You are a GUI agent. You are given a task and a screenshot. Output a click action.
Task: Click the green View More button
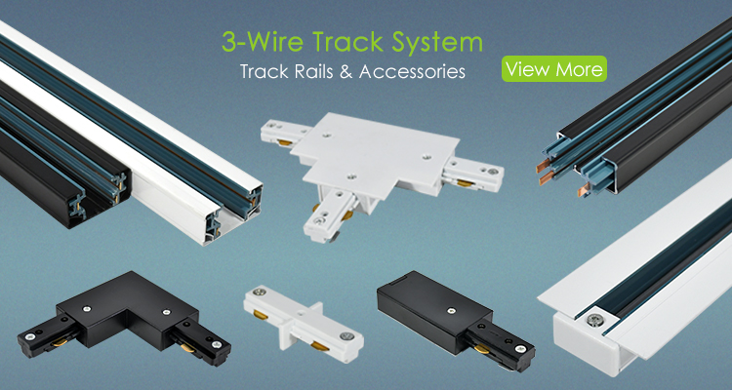coord(554,69)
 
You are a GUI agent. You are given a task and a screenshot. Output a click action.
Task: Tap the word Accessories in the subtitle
coord(412,71)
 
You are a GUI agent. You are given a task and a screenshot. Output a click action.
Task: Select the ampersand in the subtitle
coord(346,71)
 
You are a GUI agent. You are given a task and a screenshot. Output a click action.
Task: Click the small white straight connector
coord(304,317)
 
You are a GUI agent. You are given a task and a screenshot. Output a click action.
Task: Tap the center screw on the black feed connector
coord(451,310)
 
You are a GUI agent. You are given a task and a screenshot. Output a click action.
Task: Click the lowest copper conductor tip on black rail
coord(584,189)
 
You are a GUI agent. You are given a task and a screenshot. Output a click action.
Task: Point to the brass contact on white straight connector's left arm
coord(261,315)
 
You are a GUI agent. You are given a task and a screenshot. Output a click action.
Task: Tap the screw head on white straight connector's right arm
coord(346,335)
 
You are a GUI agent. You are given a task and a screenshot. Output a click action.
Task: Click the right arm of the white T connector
coord(472,175)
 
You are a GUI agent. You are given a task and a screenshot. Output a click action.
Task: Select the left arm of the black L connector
coord(52,335)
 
